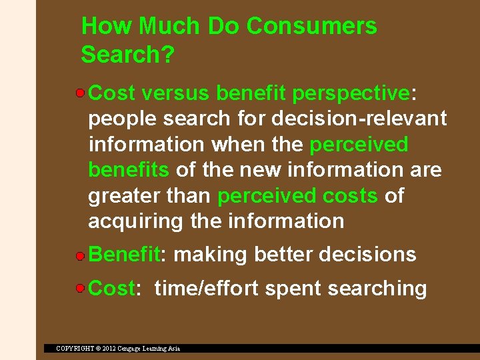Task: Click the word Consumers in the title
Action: pyautogui.click(x=311, y=27)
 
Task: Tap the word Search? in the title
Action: pyautogui.click(x=127, y=55)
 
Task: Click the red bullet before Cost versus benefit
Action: pyautogui.click(x=80, y=93)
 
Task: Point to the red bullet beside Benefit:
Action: pyautogui.click(x=80, y=255)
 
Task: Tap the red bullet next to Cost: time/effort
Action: pyautogui.click(x=80, y=289)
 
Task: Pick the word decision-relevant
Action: pyautogui.click(x=359, y=119)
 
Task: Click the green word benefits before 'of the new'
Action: pyautogui.click(x=129, y=170)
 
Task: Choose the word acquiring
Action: pyautogui.click(x=137, y=221)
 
